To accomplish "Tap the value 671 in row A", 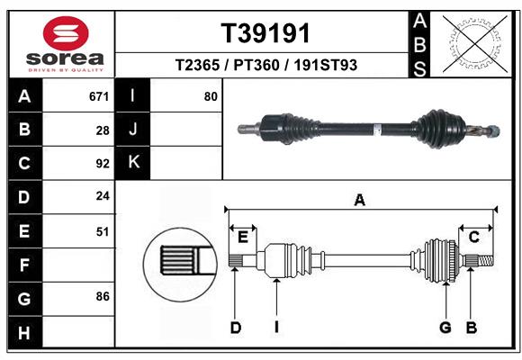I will tap(98, 96).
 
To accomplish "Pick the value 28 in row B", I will tap(102, 130).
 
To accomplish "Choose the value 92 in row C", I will tap(102, 164).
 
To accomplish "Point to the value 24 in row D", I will tap(102, 195).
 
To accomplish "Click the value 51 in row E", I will tap(102, 231).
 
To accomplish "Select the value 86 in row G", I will tap(102, 295).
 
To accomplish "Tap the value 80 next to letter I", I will tap(211, 96).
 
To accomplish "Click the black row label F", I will tap(24, 265).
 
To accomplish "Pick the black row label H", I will tap(24, 333).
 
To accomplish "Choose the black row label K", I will tap(133, 163).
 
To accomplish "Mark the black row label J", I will tap(133, 130).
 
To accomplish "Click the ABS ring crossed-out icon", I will tap(473, 42).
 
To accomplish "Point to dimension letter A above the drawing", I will tap(360, 201).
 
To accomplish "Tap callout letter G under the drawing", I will tap(445, 328).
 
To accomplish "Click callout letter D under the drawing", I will tap(235, 328).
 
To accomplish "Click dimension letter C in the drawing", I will tap(473, 237).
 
